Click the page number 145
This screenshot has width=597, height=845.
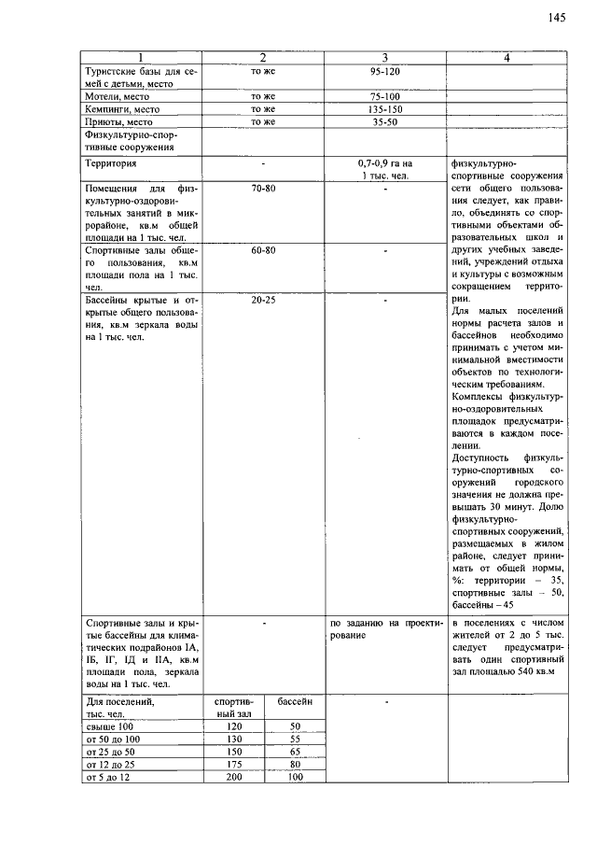[557, 17]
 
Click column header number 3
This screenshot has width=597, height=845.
[384, 58]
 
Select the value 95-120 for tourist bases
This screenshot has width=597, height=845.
[384, 71]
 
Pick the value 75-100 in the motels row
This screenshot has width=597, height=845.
[384, 96]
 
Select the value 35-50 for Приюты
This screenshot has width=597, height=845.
[384, 121]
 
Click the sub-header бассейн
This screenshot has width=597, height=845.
[295, 700]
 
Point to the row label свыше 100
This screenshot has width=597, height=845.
[110, 725]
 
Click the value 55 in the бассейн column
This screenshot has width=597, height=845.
[295, 738]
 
